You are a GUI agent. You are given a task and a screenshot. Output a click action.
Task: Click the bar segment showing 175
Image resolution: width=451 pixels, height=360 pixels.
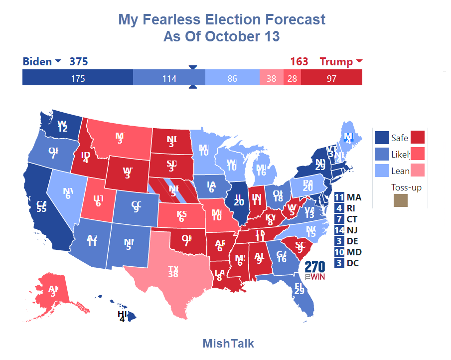78,78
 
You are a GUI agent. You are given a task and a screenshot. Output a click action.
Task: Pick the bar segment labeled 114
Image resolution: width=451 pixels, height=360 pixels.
169,78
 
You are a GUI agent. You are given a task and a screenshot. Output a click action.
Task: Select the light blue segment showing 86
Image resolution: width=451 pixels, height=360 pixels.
232,78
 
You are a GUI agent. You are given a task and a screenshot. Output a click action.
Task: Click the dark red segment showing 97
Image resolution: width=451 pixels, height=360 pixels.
331,78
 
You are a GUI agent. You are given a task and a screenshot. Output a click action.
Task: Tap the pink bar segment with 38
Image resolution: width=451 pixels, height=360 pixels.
271,78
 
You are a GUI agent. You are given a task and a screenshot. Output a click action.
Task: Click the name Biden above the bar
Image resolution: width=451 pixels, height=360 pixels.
37,62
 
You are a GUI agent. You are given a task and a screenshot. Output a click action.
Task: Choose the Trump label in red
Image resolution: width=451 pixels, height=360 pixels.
336,62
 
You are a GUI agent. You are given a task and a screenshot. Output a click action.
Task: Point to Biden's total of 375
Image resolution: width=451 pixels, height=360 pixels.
78,62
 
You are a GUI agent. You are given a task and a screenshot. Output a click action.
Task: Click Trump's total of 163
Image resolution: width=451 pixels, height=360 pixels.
299,62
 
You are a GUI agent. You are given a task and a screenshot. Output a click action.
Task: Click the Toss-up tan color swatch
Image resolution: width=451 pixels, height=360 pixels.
400,201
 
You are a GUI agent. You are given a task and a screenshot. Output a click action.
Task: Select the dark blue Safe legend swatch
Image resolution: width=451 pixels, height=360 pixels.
382,138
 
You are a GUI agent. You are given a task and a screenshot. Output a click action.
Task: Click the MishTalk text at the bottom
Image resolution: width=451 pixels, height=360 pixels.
228,344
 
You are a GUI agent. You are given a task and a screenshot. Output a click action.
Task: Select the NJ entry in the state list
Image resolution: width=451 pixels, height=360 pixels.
348,230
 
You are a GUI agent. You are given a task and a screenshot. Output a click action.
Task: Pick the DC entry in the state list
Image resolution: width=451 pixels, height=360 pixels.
348,263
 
